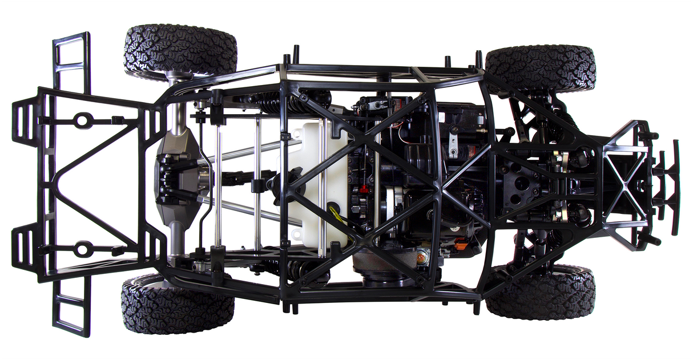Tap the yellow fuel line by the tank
336,216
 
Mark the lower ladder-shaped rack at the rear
72,308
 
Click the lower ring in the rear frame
83,249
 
